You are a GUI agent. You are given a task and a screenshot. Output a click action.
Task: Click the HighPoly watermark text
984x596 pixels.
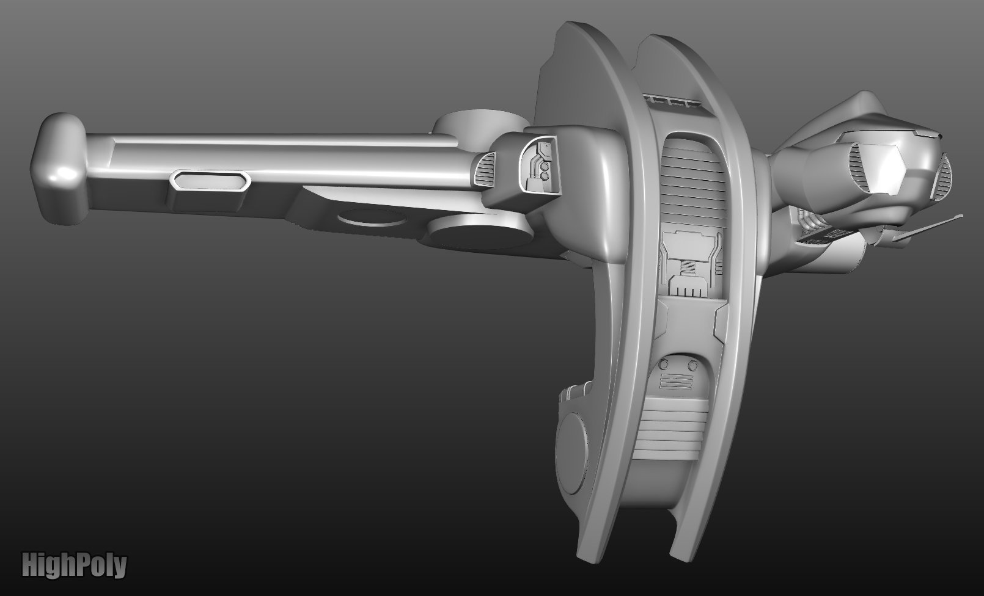(x=74, y=565)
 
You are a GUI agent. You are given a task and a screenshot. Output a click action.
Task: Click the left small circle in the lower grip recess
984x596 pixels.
(x=663, y=364)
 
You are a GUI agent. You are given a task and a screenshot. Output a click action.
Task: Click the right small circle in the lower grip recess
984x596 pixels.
(x=692, y=365)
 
